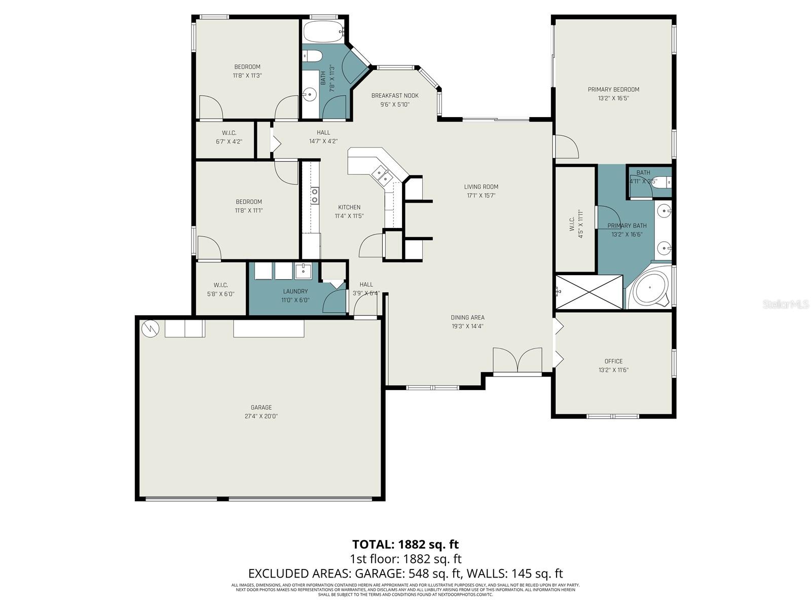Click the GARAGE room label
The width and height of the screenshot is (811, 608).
261,407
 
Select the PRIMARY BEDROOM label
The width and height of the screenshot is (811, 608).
613,90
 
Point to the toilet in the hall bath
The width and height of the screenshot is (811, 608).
312,55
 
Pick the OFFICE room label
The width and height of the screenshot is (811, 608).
613,361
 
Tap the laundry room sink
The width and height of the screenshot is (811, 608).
303,271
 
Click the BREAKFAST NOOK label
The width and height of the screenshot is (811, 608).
395,96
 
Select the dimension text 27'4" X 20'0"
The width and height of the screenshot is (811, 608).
261,416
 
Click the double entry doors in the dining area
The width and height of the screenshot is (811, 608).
518,361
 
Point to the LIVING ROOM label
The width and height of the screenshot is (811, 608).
481,186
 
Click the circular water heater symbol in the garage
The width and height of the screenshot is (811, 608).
151,329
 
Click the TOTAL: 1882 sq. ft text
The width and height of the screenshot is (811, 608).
405,544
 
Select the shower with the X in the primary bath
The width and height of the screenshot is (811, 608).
589,292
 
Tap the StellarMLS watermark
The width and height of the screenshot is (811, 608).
785,304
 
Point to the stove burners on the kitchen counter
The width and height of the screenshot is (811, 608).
315,196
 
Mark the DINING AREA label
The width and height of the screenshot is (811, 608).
467,318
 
